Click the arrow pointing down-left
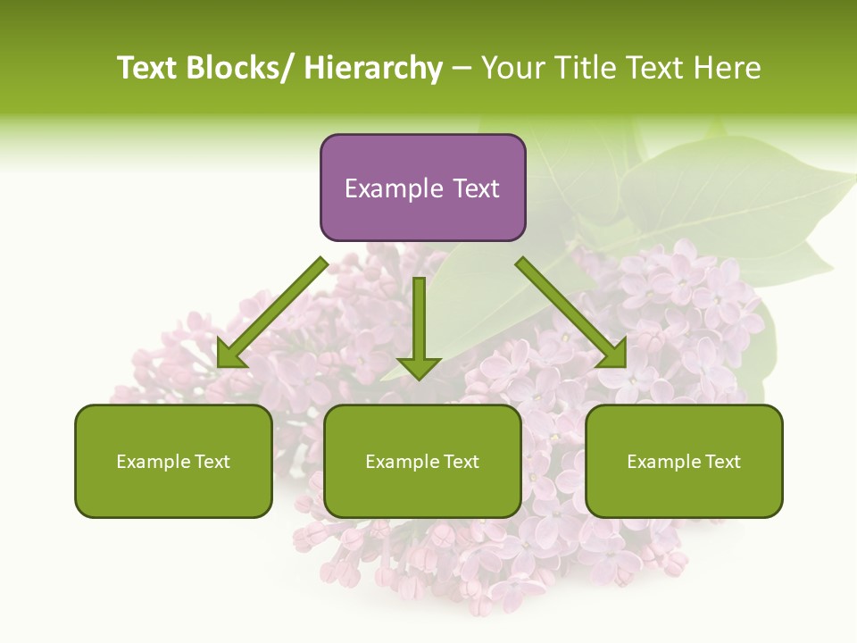[272, 313]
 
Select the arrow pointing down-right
[571, 313]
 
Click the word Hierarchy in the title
[373, 69]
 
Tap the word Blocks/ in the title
[241, 69]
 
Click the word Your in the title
[512, 69]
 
